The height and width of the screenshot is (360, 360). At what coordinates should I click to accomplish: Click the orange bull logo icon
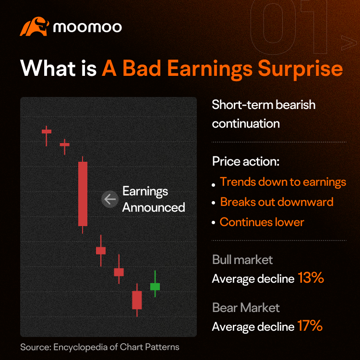[35, 26]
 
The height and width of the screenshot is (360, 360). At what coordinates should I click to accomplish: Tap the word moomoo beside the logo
[87, 27]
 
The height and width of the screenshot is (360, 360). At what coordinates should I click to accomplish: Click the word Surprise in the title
[300, 69]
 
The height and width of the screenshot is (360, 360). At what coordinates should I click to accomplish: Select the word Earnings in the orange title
[210, 69]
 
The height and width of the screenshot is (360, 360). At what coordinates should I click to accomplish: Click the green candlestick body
[155, 287]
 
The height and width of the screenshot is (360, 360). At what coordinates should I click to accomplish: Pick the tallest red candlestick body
[83, 194]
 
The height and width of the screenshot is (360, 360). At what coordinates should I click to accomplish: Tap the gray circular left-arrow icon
[110, 199]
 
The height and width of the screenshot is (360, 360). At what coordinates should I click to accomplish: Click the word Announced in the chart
[154, 207]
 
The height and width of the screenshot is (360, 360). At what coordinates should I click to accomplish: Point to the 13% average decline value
[311, 277]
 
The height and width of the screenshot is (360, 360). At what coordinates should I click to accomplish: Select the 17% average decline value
[310, 325]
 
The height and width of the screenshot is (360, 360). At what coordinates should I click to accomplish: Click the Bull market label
[242, 260]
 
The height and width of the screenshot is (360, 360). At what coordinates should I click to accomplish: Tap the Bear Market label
[246, 308]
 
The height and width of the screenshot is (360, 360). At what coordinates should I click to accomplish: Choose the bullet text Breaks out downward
[276, 202]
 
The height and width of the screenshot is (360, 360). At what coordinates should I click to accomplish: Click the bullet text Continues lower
[262, 222]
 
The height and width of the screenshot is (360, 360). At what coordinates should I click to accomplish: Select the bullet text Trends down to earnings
[283, 182]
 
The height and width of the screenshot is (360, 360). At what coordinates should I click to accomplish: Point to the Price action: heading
[246, 161]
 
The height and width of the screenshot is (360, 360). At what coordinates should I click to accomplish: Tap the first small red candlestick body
[47, 132]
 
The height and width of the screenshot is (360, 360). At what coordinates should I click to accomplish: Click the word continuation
[246, 124]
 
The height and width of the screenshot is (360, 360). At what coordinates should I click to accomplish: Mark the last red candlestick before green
[137, 300]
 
